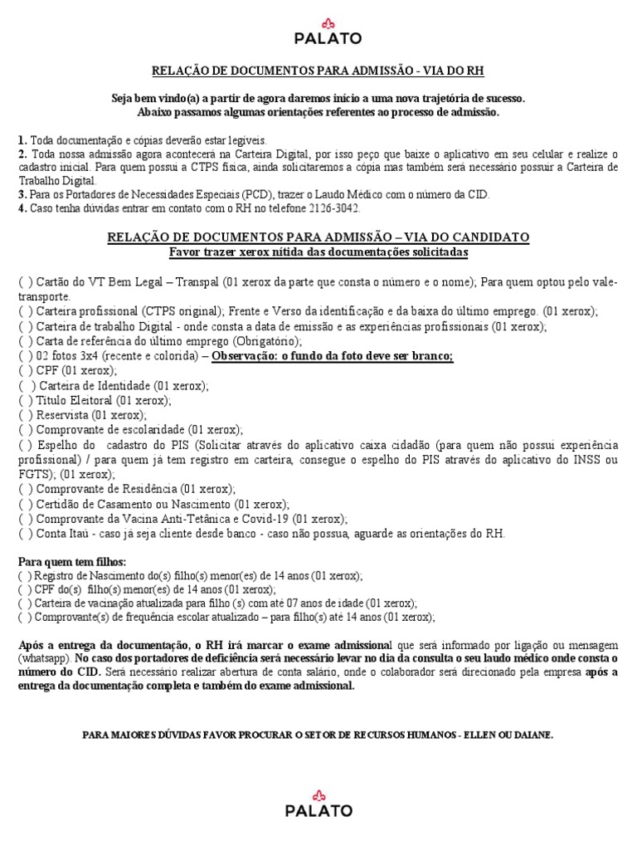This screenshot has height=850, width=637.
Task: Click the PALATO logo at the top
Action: coord(318,31)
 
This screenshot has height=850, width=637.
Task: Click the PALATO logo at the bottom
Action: coord(318,803)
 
